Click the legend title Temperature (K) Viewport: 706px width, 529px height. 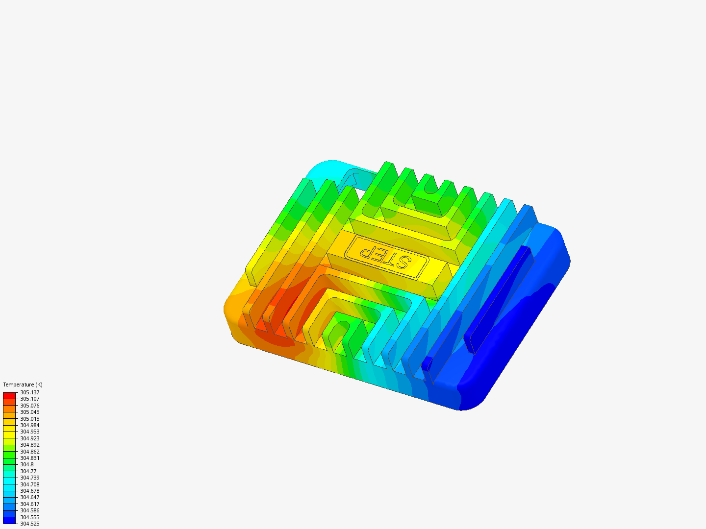click(x=23, y=385)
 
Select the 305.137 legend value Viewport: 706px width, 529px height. click(x=29, y=392)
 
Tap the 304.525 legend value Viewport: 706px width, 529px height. click(x=29, y=524)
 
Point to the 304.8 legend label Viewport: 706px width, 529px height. click(x=26, y=464)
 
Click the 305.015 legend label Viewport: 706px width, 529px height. click(x=29, y=419)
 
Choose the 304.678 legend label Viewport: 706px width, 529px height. click(x=29, y=491)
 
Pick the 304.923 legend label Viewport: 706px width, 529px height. click(x=29, y=438)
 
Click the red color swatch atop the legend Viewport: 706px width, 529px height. click(x=9, y=395)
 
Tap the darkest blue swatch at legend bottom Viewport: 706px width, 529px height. click(x=9, y=520)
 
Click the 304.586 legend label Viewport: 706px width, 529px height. click(x=29, y=510)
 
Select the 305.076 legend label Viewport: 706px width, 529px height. click(x=29, y=406)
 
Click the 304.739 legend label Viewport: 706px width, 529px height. click(x=29, y=478)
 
